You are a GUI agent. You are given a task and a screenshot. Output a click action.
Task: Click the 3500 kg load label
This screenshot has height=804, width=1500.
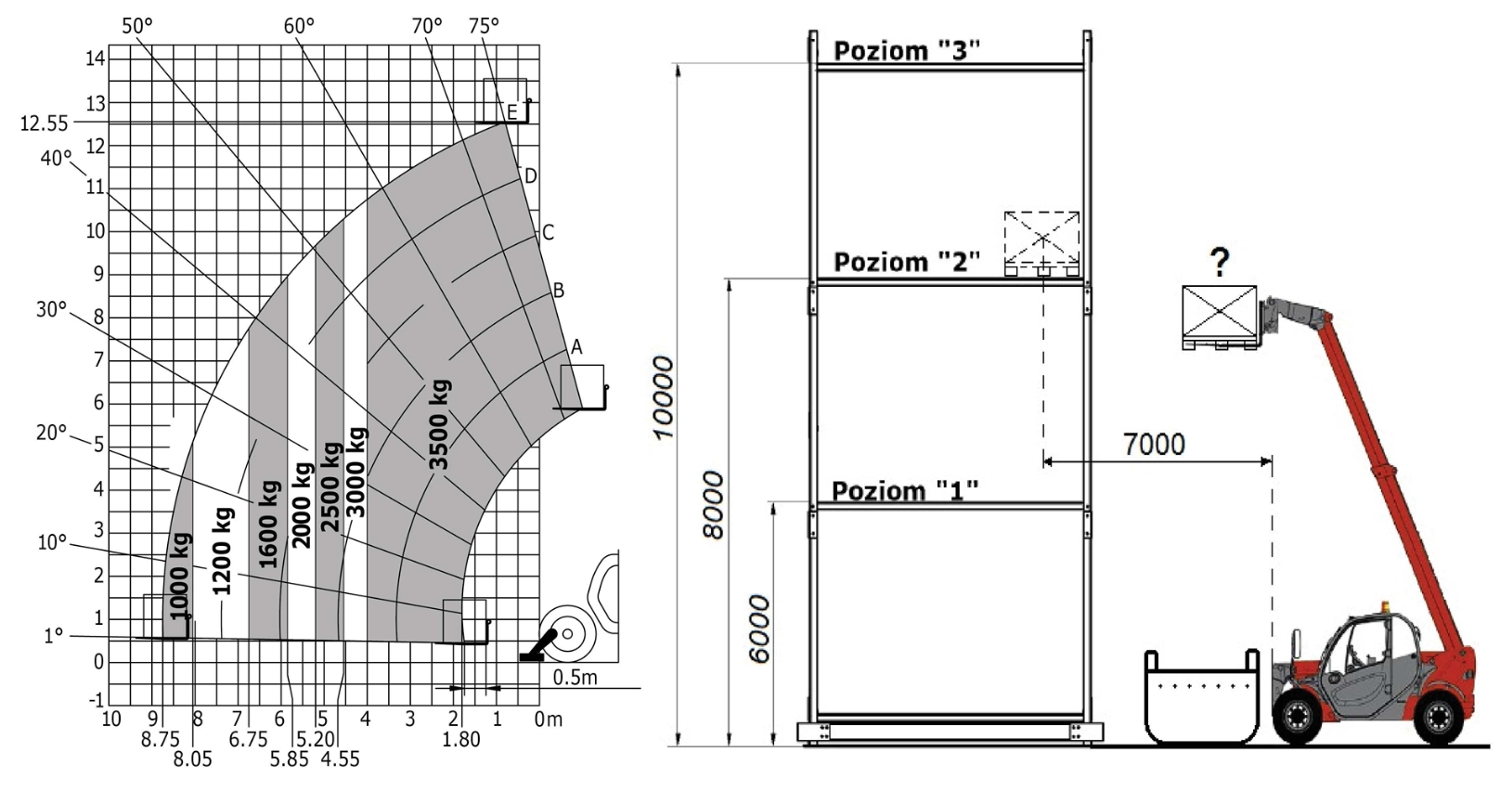pyautogui.click(x=439, y=425)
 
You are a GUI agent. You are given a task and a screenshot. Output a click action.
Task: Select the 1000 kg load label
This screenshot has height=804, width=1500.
pyautogui.click(x=180, y=577)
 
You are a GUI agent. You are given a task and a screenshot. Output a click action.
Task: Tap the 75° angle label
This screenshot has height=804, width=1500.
pyautogui.click(x=485, y=26)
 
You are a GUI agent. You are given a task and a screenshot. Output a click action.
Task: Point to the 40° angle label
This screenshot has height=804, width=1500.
pyautogui.click(x=56, y=159)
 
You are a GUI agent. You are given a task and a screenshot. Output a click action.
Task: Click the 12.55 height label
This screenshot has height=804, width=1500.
pyautogui.click(x=45, y=124)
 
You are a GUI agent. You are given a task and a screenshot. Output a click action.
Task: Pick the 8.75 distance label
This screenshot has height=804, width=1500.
pyautogui.click(x=160, y=739)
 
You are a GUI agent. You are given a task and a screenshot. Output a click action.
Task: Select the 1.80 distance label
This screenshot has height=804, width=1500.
pyautogui.click(x=461, y=739)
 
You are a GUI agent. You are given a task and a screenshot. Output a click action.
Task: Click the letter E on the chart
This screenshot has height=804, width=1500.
pyautogui.click(x=512, y=112)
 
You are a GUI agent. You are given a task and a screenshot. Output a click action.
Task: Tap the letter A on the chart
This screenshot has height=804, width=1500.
pyautogui.click(x=576, y=347)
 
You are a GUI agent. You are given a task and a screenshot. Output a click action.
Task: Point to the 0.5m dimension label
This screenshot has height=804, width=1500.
pyautogui.click(x=575, y=678)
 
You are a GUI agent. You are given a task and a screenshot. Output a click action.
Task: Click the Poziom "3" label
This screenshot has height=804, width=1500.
pyautogui.click(x=907, y=51)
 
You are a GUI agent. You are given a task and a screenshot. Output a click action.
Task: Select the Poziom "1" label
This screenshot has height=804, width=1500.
pyautogui.click(x=905, y=491)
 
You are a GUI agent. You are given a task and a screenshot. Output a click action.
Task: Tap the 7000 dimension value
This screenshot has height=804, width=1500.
pyautogui.click(x=1154, y=444)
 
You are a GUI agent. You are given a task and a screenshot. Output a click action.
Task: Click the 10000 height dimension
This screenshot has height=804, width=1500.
pyautogui.click(x=663, y=398)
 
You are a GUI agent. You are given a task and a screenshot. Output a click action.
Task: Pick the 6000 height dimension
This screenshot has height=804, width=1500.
pyautogui.click(x=759, y=629)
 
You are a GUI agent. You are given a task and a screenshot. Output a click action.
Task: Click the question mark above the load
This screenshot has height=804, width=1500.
pyautogui.click(x=1220, y=263)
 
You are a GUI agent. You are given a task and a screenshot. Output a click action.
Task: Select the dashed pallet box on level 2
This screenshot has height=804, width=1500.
pyautogui.click(x=1042, y=243)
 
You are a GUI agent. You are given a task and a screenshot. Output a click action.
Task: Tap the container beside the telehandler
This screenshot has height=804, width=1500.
pyautogui.click(x=1202, y=697)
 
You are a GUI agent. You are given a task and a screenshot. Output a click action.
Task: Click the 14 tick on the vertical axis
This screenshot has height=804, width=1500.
pyautogui.click(x=95, y=58)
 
